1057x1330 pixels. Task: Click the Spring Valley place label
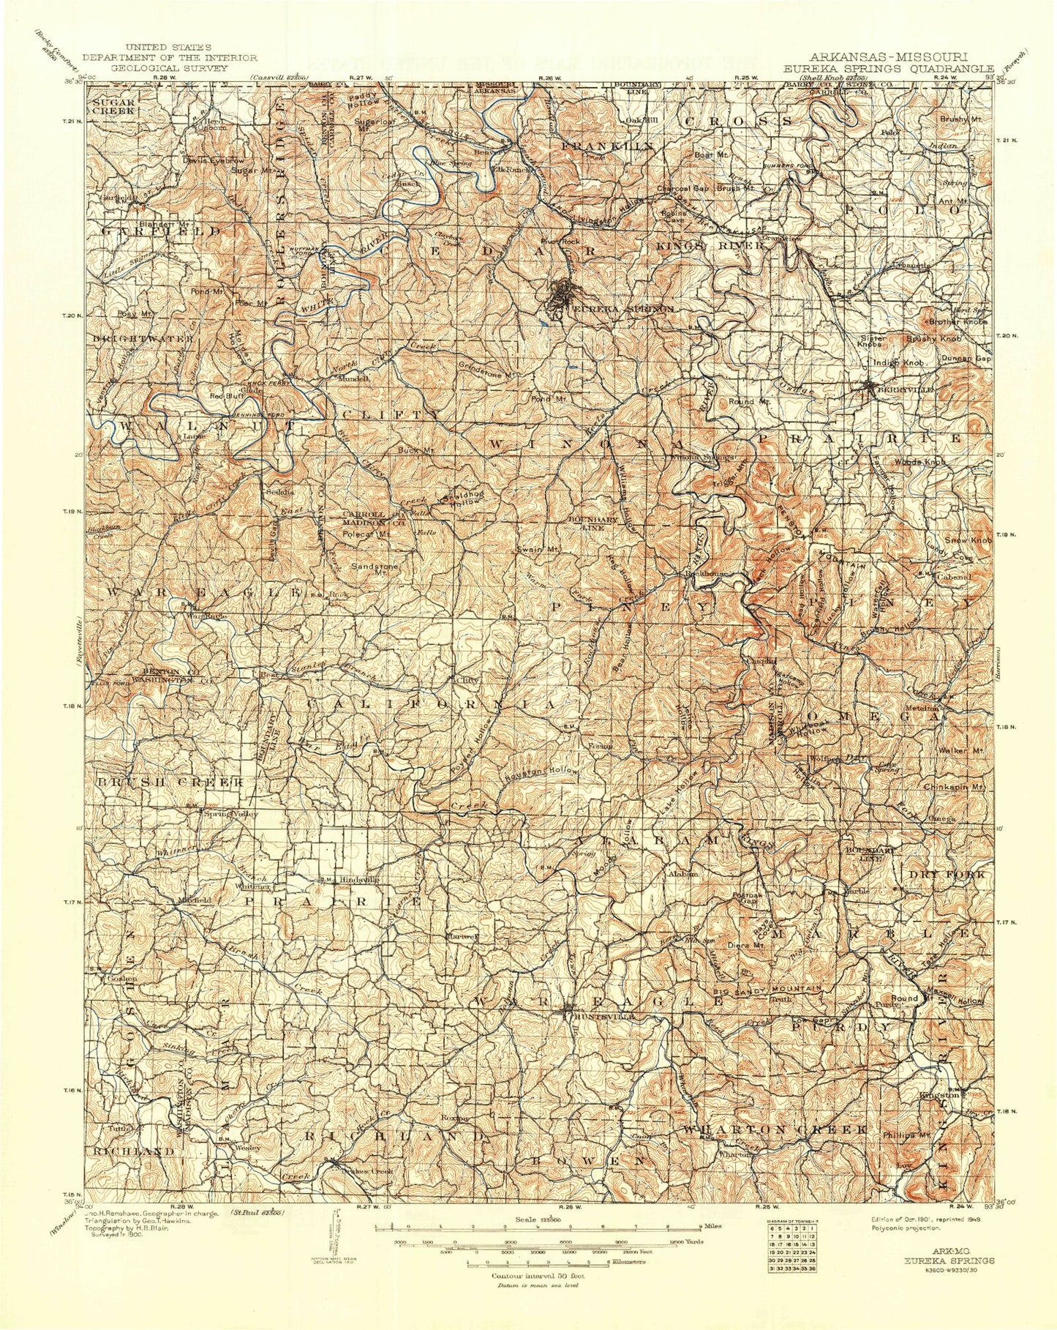[x=230, y=814]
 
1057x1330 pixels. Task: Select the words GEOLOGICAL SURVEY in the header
[x=169, y=67]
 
